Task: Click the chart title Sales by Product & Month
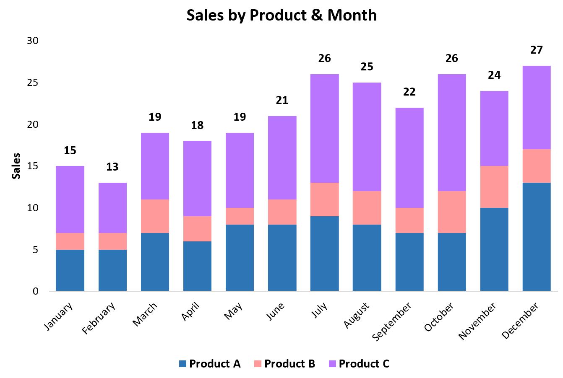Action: click(281, 16)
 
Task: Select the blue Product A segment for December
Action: click(536, 237)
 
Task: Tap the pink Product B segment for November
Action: click(494, 187)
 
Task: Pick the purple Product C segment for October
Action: click(451, 132)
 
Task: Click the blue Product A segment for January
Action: click(70, 270)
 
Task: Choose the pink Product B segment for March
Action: click(155, 216)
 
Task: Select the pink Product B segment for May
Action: click(240, 216)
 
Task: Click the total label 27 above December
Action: click(536, 50)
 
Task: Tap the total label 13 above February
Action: click(112, 167)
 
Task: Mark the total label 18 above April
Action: click(197, 125)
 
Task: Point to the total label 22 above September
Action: click(409, 92)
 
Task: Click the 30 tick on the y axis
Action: click(32, 41)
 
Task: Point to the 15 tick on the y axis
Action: click(32, 166)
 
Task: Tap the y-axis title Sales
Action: click(16, 166)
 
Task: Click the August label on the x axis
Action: click(357, 315)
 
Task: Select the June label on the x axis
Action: click(276, 312)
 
